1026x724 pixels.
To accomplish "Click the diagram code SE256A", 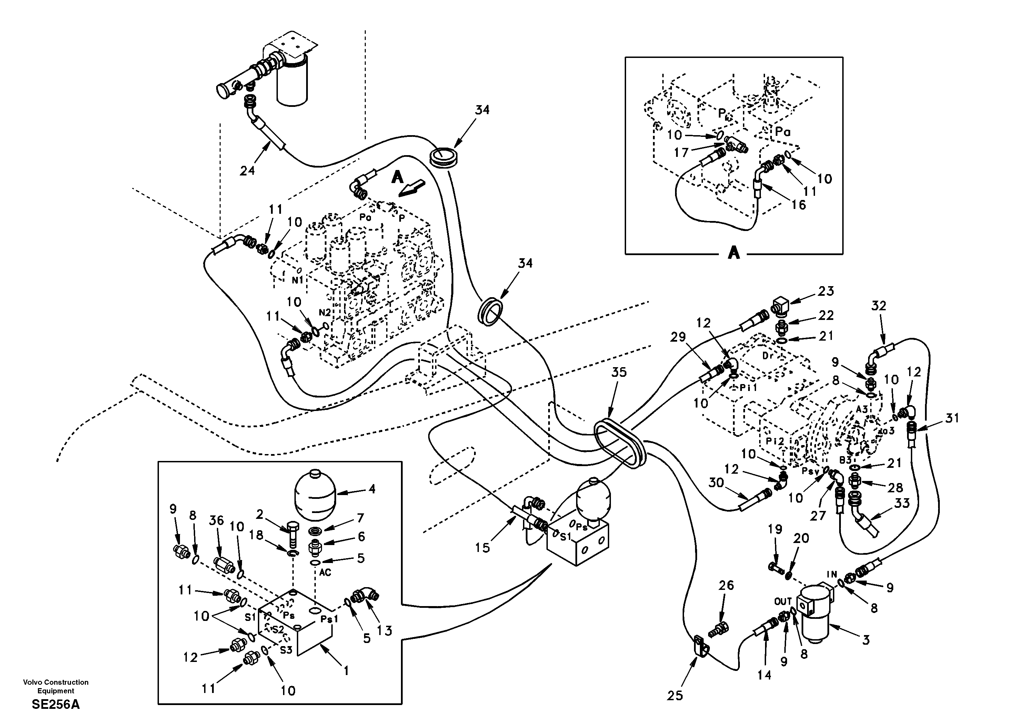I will [56, 705].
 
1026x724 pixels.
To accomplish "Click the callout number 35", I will [619, 372].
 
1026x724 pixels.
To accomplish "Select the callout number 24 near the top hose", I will [247, 170].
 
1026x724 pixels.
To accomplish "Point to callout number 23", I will [826, 291].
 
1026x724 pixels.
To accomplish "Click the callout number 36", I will [217, 520].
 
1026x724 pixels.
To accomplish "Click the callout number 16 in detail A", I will [798, 205].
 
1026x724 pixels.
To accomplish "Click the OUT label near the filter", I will [783, 602].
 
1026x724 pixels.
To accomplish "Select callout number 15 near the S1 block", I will [483, 547].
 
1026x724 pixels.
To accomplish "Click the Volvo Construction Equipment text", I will [56, 686].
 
